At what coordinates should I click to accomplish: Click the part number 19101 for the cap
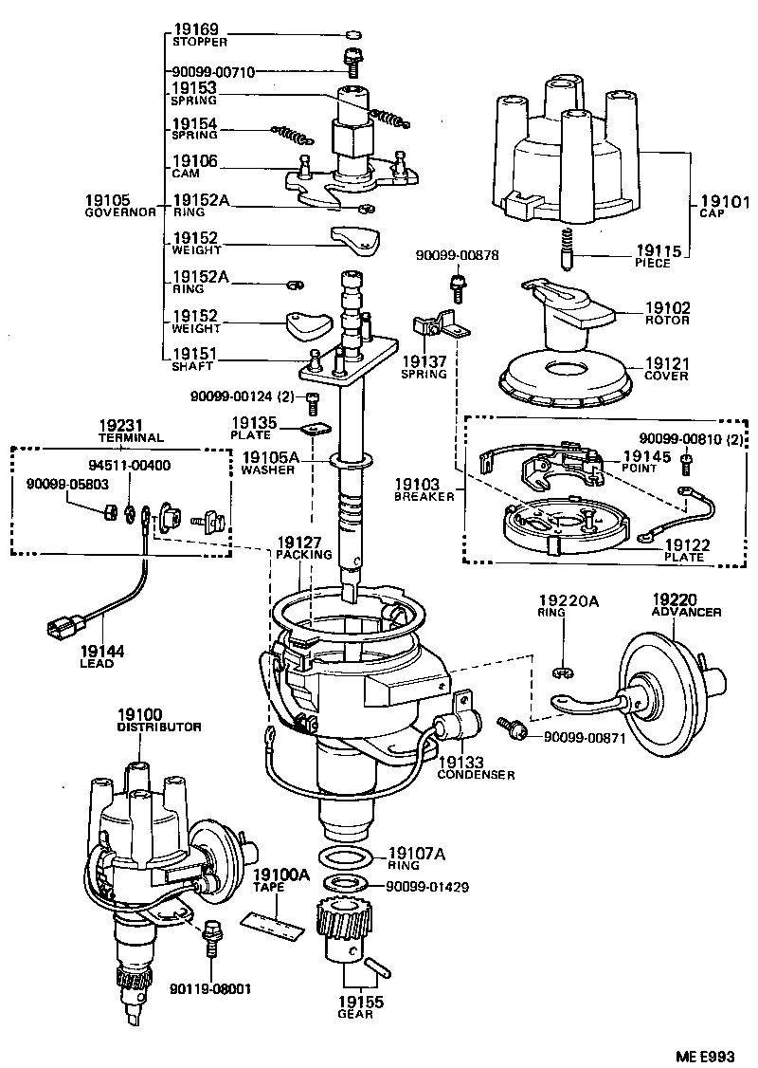(x=725, y=202)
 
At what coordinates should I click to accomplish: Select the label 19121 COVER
(x=667, y=368)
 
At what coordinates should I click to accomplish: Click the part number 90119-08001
(x=210, y=988)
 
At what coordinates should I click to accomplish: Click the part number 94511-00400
(x=130, y=466)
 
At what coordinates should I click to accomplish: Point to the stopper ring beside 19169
(x=352, y=34)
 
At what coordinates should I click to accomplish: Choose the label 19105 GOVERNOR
(x=119, y=206)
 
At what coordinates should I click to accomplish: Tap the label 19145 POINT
(x=648, y=461)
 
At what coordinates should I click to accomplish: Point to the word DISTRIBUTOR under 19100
(x=159, y=727)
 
